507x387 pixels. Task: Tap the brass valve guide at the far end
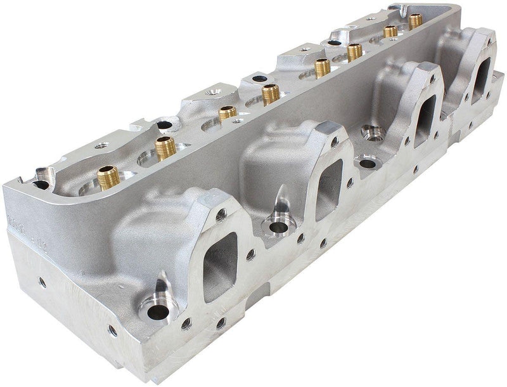click(415, 21)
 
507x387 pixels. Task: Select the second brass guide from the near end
click(165, 147)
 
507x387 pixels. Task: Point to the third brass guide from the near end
click(228, 114)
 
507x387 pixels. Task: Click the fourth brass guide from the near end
click(271, 94)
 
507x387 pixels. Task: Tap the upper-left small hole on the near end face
click(42, 280)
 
